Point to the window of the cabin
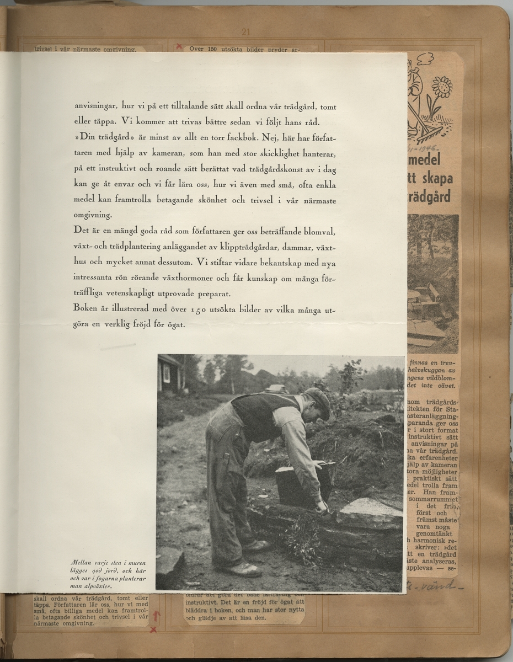point(167,373)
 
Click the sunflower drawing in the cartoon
point(442,88)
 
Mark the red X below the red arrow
point(153,629)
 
